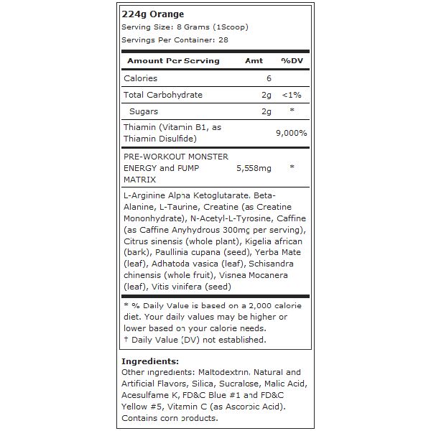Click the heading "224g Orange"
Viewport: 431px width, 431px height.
pos(153,14)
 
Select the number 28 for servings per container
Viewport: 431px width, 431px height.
pos(223,40)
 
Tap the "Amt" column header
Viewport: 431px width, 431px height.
pos(254,61)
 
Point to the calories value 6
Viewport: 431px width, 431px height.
pos(269,78)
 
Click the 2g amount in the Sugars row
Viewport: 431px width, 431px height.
pos(267,111)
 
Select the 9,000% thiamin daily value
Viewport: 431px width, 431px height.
pos(292,133)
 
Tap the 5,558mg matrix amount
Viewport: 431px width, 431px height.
pos(254,168)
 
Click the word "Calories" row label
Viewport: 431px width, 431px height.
pos(141,78)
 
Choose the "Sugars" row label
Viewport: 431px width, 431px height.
pos(144,111)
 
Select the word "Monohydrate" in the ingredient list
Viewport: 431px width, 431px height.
pos(154,218)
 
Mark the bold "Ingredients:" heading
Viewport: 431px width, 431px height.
pos(150,361)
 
